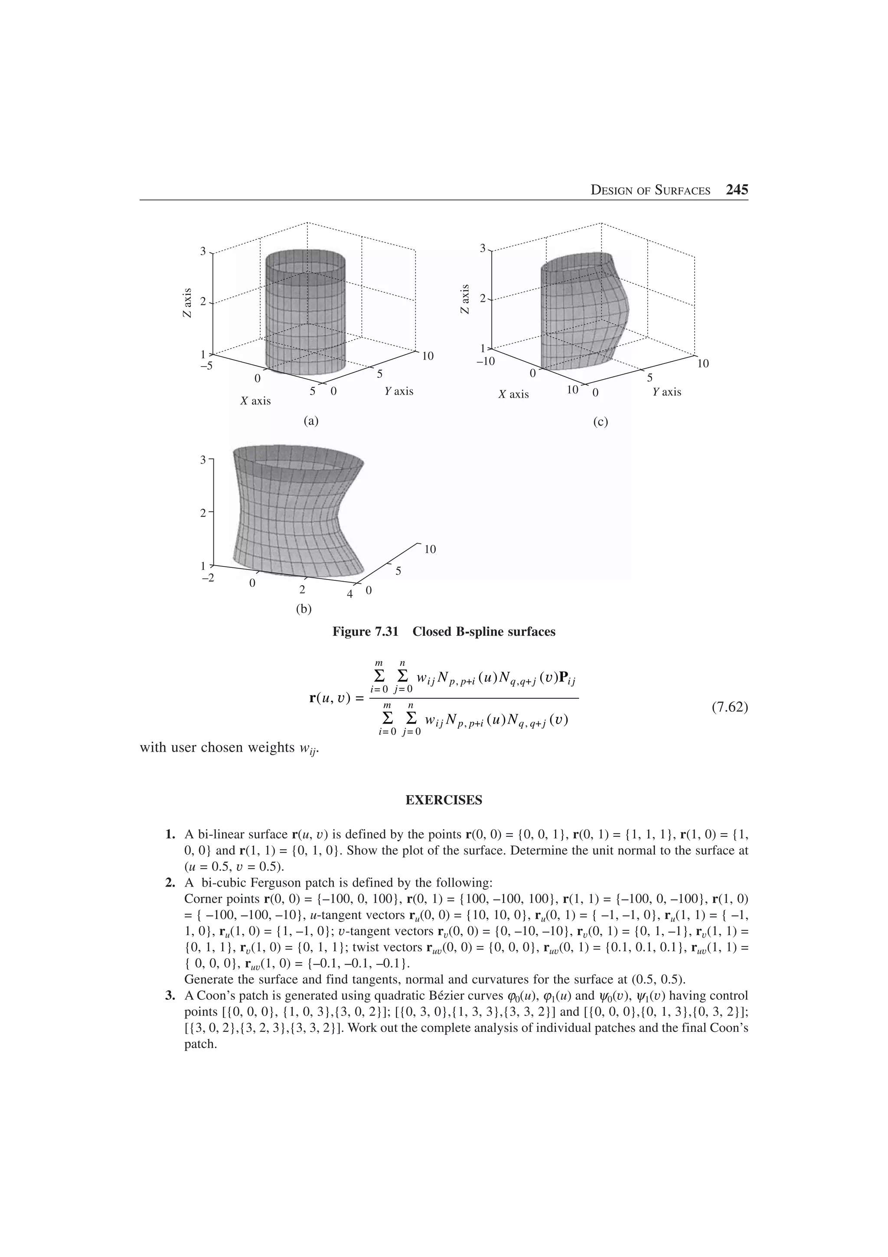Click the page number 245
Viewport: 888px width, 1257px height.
(736, 190)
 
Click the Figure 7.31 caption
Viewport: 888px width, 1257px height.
(444, 632)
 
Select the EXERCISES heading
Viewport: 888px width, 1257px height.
(444, 800)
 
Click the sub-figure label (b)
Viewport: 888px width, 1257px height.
(303, 608)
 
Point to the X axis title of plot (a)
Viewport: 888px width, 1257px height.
(255, 401)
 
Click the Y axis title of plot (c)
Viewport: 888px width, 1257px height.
(666, 392)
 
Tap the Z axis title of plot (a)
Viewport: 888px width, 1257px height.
(188, 303)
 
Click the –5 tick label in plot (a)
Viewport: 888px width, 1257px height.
(206, 366)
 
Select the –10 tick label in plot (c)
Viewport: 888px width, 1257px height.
(485, 361)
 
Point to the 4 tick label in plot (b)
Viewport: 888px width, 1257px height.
(350, 593)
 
